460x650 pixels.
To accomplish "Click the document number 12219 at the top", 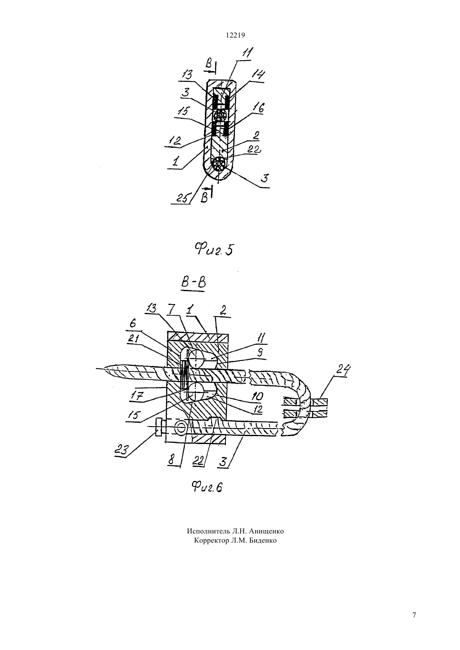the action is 235,36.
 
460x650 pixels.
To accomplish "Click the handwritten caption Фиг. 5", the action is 214,249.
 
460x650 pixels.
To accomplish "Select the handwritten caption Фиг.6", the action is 207,487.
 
